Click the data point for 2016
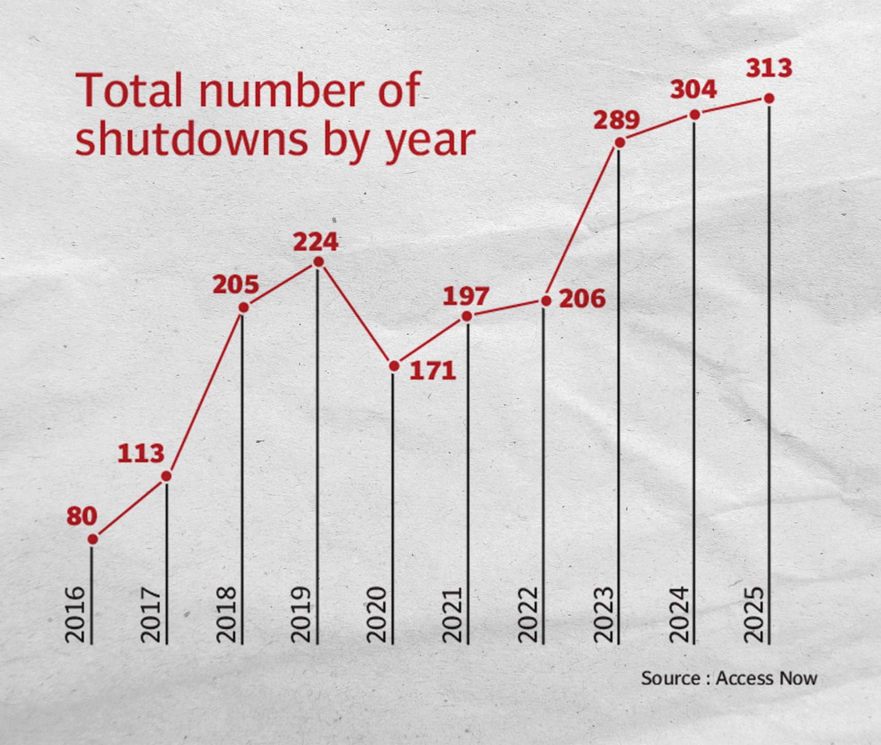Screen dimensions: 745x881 click(93, 539)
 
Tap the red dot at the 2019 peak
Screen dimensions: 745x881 click(318, 263)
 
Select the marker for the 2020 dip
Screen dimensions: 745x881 click(394, 366)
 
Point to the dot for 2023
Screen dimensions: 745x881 click(620, 143)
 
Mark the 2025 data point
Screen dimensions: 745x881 click(769, 98)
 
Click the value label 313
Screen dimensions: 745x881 click(769, 68)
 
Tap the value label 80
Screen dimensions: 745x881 click(82, 515)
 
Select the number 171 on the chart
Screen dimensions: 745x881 click(433, 371)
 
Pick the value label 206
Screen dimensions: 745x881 click(582, 299)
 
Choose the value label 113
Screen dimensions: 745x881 click(141, 454)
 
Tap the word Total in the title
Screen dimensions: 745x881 click(129, 90)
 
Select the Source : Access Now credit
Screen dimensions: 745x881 click(729, 678)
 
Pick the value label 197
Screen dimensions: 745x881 click(466, 296)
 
